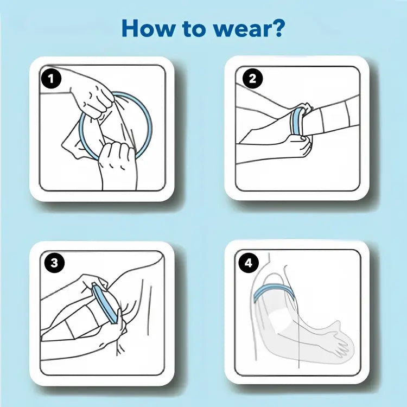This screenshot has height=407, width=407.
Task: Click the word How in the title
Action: [x=148, y=28]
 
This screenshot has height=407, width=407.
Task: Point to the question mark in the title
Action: [x=276, y=28]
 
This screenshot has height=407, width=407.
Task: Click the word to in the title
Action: [x=194, y=29]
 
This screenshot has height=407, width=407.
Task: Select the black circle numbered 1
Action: [x=51, y=79]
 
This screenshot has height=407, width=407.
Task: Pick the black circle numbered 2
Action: [x=252, y=79]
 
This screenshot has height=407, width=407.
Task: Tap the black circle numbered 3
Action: [x=54, y=263]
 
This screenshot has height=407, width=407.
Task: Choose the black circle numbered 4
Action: [x=249, y=263]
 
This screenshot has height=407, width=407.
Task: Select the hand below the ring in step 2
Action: [x=298, y=147]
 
